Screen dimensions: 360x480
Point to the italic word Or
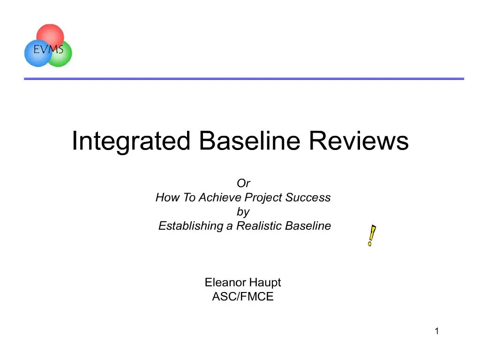[243, 183]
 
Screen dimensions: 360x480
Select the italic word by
[243, 211]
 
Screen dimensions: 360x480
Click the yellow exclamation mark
[372, 236]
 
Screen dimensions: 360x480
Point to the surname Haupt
[265, 283]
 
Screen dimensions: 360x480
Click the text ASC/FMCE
[243, 297]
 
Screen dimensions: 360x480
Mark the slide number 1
[436, 332]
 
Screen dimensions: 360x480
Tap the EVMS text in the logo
[49, 48]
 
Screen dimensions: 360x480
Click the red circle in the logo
[50, 33]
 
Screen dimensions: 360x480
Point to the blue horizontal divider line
[244, 79]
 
